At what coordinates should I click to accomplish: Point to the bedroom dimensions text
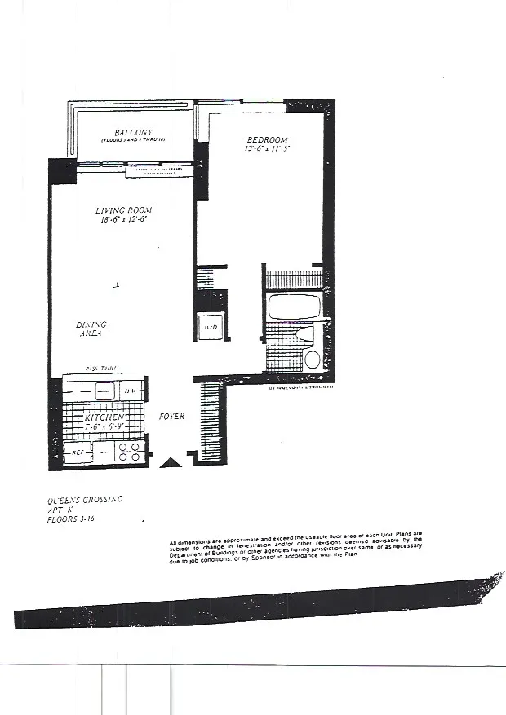pos(267,149)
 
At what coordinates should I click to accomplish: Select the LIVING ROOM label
pos(124,210)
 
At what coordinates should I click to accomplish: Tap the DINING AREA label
pos(91,329)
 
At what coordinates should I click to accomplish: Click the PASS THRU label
pos(101,369)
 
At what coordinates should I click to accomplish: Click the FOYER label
pos(171,416)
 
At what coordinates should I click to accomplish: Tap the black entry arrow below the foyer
pos(171,463)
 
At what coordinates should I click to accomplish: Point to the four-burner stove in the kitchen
pos(129,452)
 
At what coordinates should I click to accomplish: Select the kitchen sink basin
pos(104,389)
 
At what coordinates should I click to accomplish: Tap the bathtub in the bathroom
pos(295,311)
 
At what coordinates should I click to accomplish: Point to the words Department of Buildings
pos(211,555)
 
